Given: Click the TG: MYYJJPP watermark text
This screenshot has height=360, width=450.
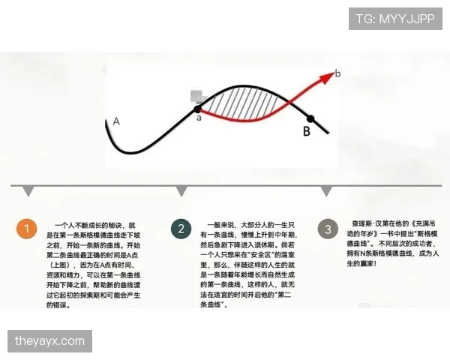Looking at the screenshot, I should [x=394, y=18].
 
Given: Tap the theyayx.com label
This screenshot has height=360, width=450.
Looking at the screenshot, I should [x=50, y=341].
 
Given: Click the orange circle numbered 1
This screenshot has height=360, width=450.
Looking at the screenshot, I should [x=28, y=229].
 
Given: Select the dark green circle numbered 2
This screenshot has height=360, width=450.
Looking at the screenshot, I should [x=181, y=229].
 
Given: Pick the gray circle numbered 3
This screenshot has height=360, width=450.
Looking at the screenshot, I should [x=327, y=229].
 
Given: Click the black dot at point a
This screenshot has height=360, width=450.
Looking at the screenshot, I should [x=199, y=109].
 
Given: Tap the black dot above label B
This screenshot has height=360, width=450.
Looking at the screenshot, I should [x=310, y=118].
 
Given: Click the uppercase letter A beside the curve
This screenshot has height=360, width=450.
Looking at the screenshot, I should [x=116, y=121].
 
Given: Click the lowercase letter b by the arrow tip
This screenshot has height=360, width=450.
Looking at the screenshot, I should [x=337, y=73].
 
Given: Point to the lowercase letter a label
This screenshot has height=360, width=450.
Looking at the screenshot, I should [x=199, y=118].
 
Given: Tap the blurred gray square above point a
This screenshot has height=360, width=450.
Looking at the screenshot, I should [x=197, y=96].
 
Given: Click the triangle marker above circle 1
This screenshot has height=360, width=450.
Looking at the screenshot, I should [x=28, y=191].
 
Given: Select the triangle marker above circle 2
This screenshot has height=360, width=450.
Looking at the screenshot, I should [x=181, y=191].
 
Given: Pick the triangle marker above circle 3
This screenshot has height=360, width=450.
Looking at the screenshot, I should [x=326, y=191].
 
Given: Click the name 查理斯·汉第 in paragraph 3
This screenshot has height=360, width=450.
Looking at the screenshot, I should [x=370, y=223].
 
